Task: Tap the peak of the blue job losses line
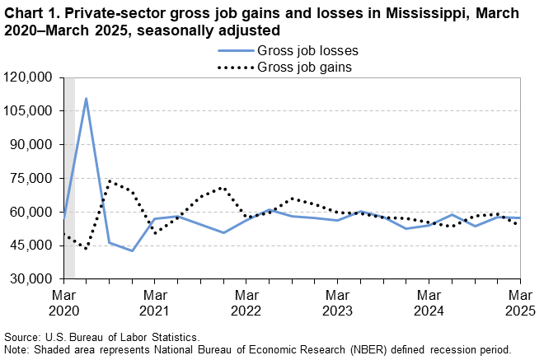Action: coord(87,98)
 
